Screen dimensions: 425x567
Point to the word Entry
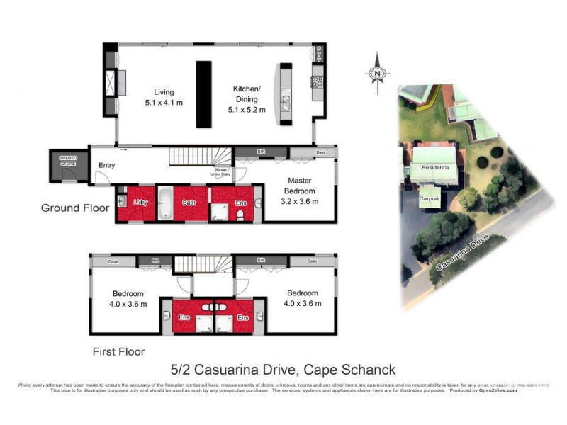pyautogui.click(x=106, y=166)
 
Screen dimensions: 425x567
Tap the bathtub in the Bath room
pyautogui.click(x=164, y=203)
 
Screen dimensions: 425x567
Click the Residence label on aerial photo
pyautogui.click(x=435, y=168)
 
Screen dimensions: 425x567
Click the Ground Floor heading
pyautogui.click(x=74, y=208)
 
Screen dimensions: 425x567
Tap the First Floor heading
pyautogui.click(x=118, y=351)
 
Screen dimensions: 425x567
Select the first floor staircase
pyautogui.click(x=203, y=264)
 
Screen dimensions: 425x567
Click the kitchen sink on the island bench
pyautogui.click(x=285, y=103)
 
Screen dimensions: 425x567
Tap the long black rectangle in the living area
pyautogui.click(x=204, y=93)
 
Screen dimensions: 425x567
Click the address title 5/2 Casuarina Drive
pyautogui.click(x=283, y=370)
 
